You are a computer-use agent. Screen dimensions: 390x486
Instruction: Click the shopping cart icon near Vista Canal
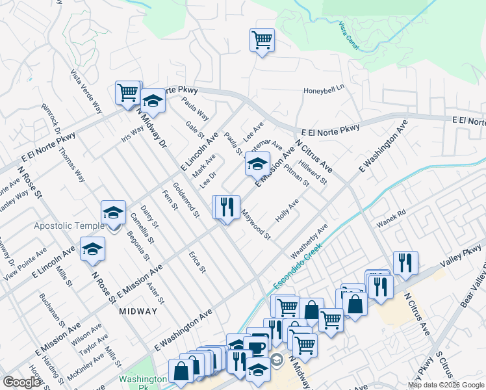[x=262, y=40]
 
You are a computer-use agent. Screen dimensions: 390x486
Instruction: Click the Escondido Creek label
[x=297, y=267]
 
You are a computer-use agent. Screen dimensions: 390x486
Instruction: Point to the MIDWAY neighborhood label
[x=138, y=311]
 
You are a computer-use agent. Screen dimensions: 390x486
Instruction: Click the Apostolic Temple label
[x=70, y=226]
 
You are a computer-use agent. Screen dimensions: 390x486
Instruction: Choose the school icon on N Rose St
[x=92, y=249]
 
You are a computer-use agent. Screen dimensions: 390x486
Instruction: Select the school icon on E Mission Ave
[x=257, y=164]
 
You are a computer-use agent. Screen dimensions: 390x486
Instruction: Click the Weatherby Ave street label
[x=309, y=240]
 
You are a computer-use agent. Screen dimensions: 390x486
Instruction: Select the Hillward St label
[x=313, y=172]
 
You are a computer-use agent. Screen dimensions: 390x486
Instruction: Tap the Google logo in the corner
[x=22, y=382]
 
